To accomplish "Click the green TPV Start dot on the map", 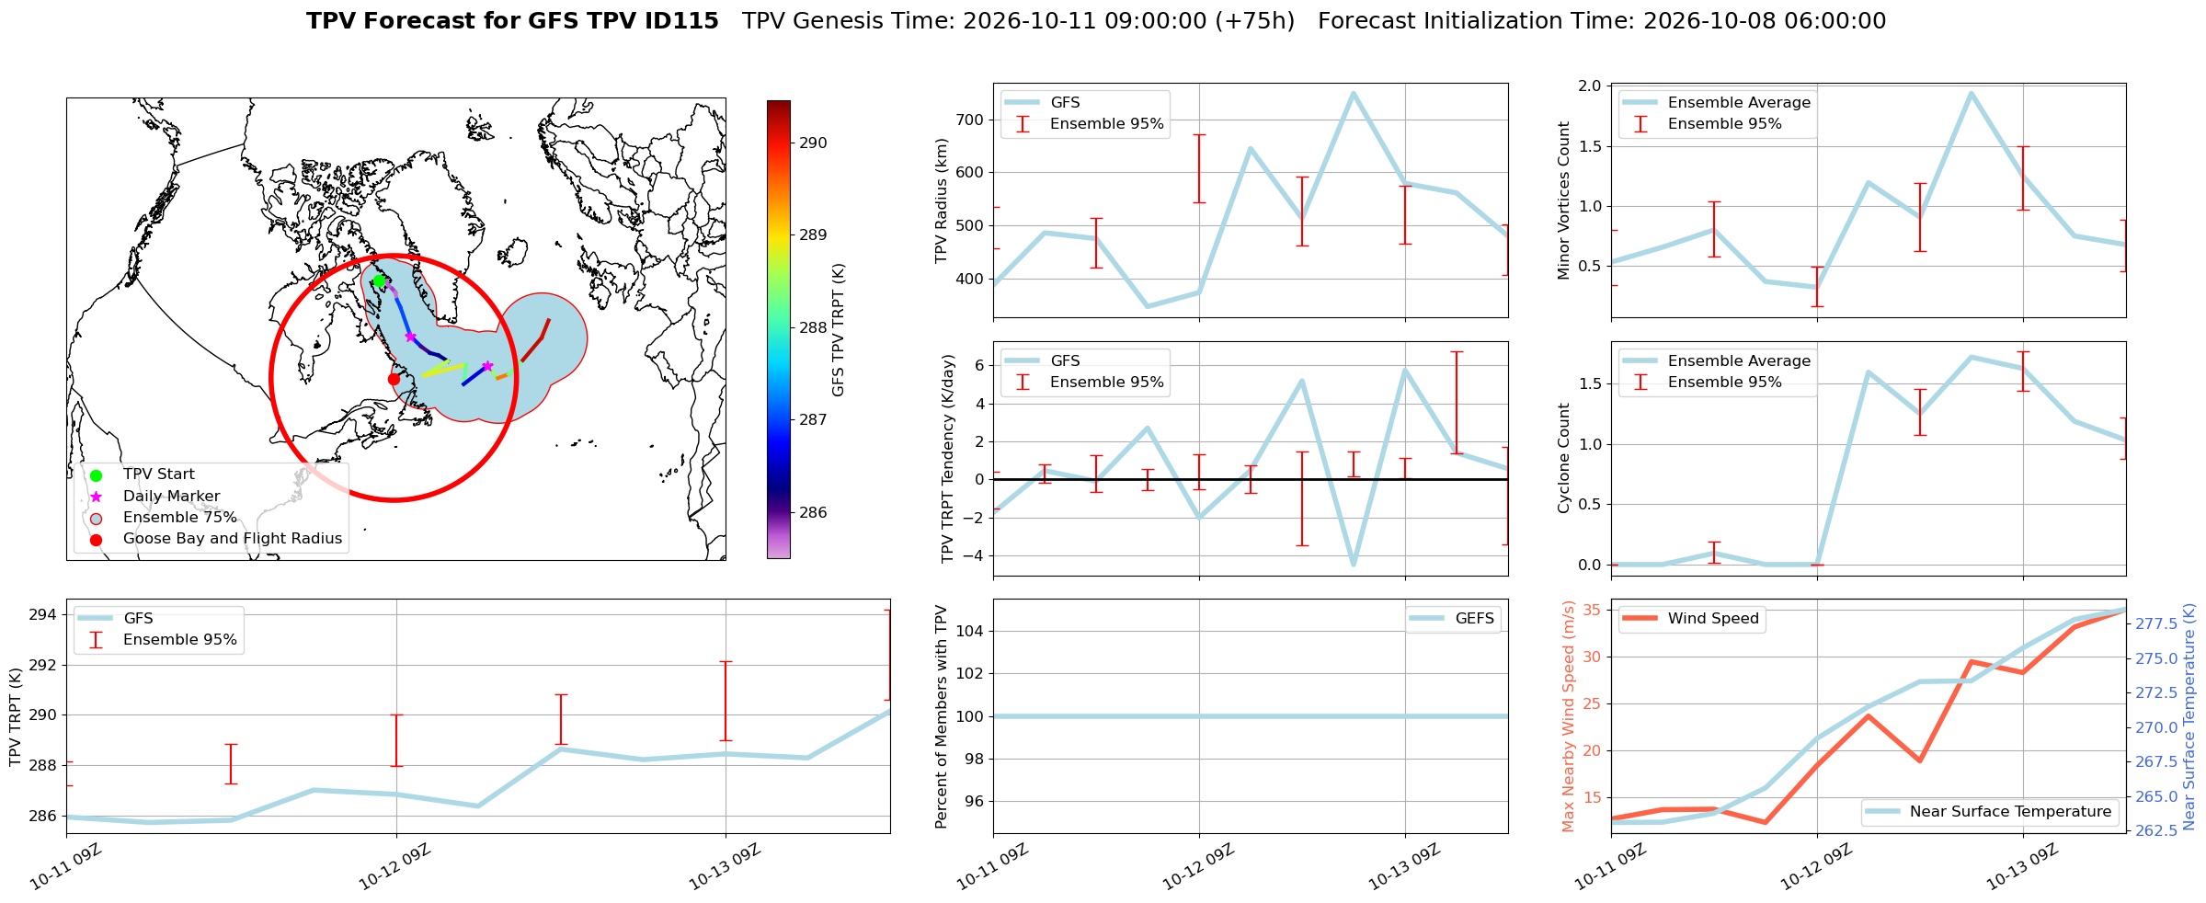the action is [379, 280].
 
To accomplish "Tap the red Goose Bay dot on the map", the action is [394, 379].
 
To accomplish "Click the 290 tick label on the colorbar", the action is [813, 143].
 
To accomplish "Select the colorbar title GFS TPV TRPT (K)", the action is [838, 330].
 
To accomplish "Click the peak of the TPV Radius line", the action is [1353, 93].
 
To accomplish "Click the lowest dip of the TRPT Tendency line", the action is [1353, 565].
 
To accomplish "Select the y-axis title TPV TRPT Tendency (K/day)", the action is [948, 459].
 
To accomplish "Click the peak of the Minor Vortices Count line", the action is [1971, 93].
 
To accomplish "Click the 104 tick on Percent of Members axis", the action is [970, 631].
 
